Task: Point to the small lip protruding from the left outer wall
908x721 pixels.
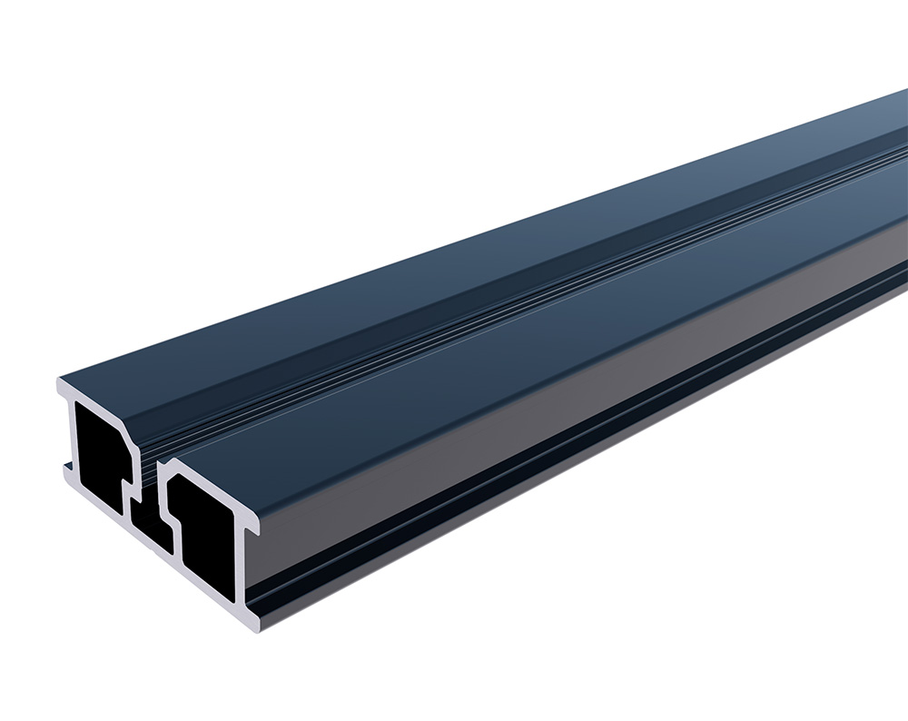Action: [67, 469]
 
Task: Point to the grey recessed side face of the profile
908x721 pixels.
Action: [545, 427]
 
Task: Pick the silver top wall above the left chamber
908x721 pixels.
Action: [100, 398]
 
